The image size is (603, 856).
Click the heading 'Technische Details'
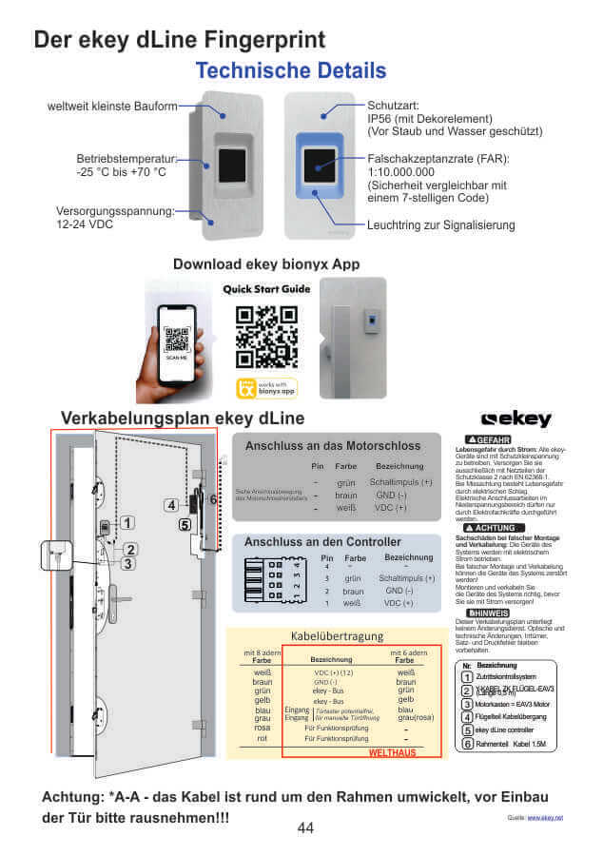coord(290,70)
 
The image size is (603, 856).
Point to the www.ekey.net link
coord(545,817)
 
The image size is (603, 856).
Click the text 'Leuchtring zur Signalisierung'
coord(440,225)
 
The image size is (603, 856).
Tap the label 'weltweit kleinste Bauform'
coord(112,106)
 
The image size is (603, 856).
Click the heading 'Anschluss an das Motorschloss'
coord(332,445)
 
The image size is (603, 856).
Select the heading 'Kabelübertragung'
coord(336,635)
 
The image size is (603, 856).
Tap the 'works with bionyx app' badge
coord(267,387)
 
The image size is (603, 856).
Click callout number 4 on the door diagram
coord(170,505)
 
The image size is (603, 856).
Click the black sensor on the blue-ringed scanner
coord(319,168)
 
